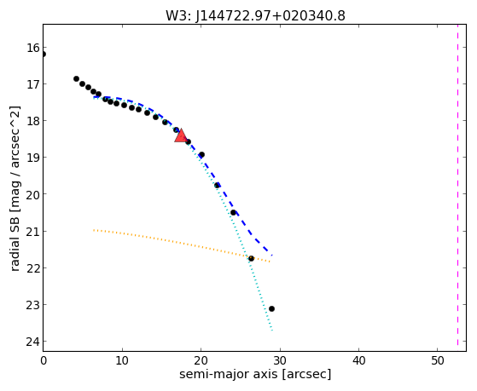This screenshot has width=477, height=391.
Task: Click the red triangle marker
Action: coord(181,135)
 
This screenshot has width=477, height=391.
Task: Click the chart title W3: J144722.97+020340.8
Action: coord(255,15)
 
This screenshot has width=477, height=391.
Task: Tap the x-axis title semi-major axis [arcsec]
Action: coord(255,374)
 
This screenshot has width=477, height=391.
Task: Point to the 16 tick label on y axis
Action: coord(33,48)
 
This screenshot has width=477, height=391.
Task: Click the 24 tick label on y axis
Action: coord(33,342)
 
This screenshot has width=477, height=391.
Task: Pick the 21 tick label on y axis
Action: coord(33,232)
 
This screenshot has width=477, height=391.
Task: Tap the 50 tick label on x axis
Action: coord(438,360)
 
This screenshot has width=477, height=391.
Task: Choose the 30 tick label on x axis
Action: coord(280,360)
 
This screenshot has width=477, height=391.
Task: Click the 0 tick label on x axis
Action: coord(44,360)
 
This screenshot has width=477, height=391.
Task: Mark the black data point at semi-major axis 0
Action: coord(44,54)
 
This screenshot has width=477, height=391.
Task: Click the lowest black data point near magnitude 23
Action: coord(271,308)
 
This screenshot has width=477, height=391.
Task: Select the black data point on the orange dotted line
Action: coord(251,259)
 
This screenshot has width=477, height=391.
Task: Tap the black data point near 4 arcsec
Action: coord(76,78)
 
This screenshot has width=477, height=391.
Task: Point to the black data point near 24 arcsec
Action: coord(233,212)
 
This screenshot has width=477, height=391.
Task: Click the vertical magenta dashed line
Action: coord(457,185)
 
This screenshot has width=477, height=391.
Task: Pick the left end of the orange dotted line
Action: coord(94,230)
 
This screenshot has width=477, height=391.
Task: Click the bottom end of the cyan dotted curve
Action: coord(272,331)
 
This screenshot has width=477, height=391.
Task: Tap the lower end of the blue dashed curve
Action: coord(272,255)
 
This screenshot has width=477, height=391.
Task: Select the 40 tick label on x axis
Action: coord(358,360)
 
